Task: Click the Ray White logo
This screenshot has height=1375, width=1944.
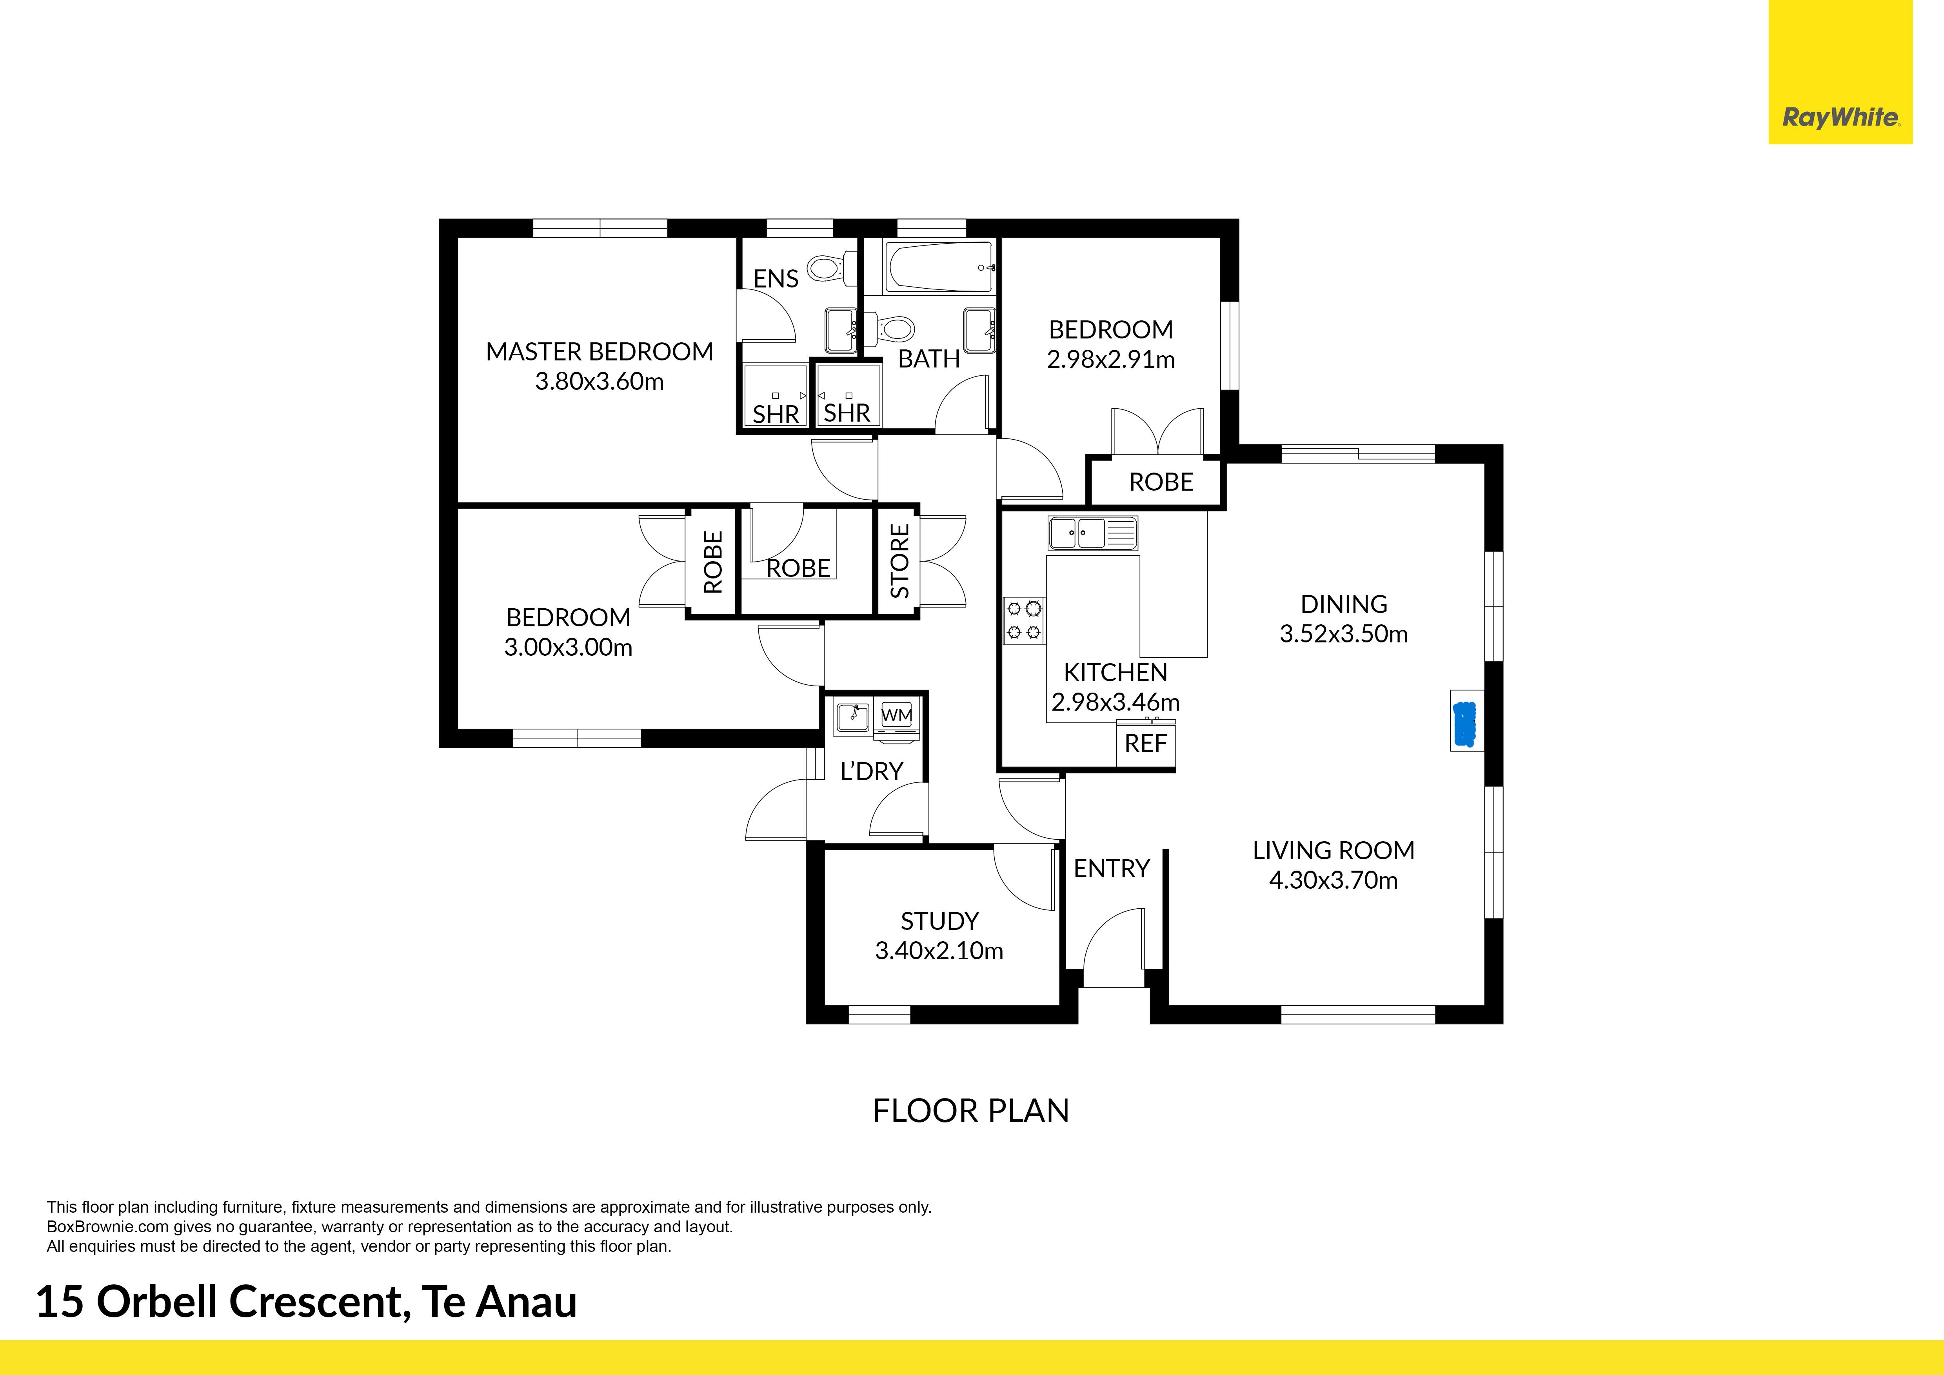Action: click(1841, 118)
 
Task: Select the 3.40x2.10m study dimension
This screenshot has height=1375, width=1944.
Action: click(939, 951)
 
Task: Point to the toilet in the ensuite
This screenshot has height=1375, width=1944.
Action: click(824, 269)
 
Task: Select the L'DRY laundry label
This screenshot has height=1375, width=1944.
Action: click(871, 771)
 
